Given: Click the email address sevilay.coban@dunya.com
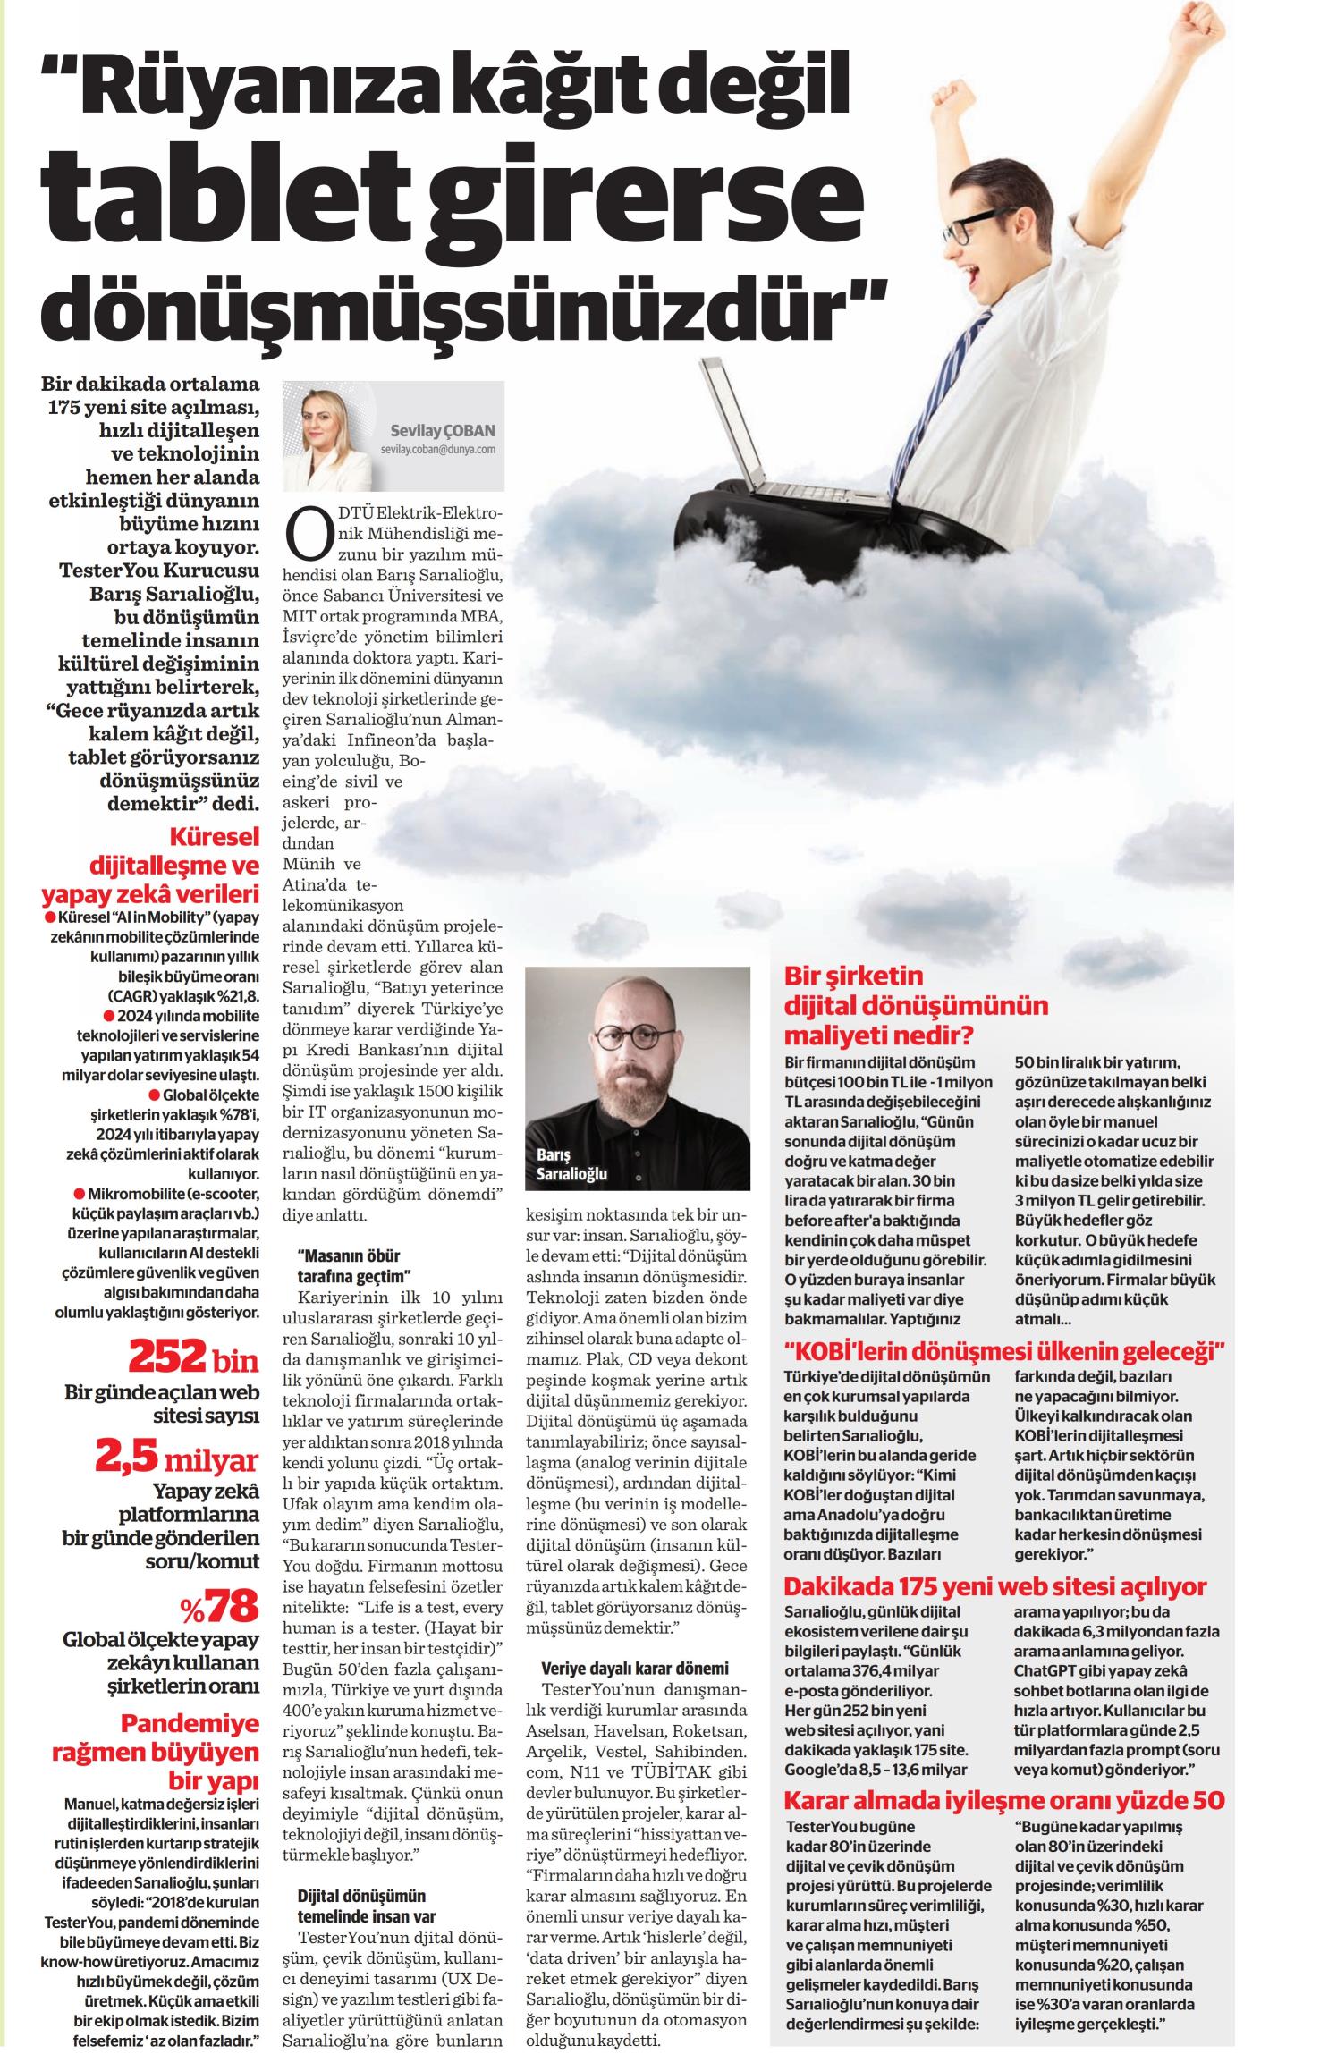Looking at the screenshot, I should pos(437,450).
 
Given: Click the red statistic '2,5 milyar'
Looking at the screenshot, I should pos(177,1459).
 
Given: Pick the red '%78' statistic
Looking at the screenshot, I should pos(219,1606).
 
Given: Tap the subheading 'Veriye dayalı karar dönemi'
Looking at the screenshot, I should pos(635,1668).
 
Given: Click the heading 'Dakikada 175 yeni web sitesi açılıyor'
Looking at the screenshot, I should pos(994,1587).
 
